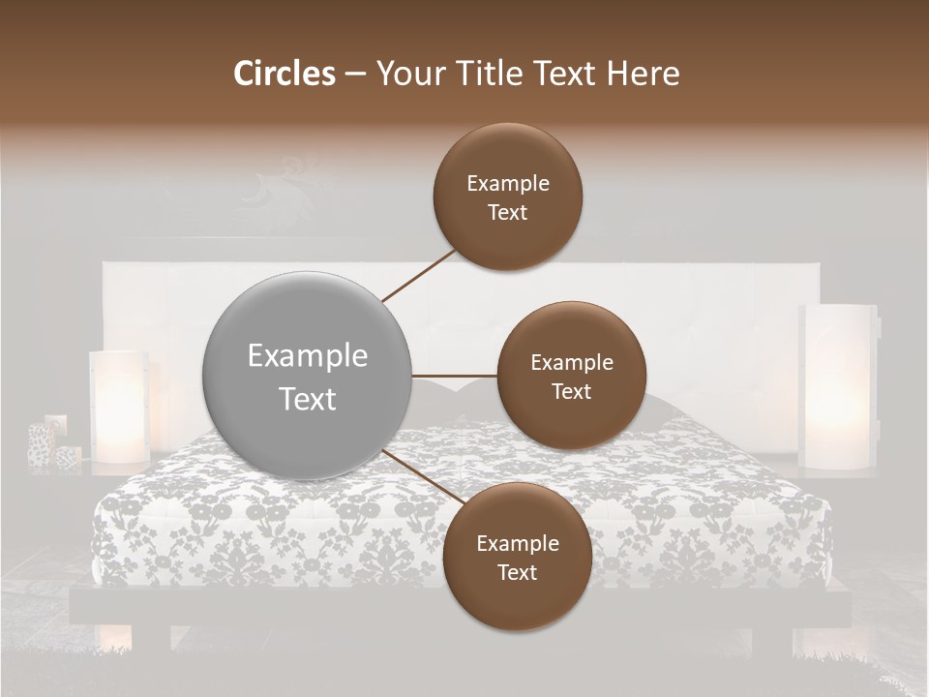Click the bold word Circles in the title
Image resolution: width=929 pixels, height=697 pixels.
(284, 74)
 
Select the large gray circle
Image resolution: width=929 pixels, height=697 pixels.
(308, 377)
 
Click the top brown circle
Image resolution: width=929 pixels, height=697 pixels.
(508, 197)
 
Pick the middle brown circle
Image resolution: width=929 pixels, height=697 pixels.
(571, 376)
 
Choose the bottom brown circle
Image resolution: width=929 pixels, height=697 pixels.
(517, 557)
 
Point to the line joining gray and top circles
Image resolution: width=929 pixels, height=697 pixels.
(421, 274)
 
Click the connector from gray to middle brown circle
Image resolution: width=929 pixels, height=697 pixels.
(455, 376)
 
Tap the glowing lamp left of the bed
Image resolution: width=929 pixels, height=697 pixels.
(118, 405)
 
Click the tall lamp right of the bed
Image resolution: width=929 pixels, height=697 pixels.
(838, 387)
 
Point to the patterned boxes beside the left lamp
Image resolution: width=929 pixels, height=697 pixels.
(52, 443)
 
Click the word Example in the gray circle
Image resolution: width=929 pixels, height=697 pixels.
(308, 356)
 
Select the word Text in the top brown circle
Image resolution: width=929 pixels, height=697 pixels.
(508, 212)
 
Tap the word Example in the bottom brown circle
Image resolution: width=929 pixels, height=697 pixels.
(517, 543)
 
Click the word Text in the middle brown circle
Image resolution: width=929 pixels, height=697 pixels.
(571, 391)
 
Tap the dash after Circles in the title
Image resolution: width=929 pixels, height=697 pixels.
(354, 75)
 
